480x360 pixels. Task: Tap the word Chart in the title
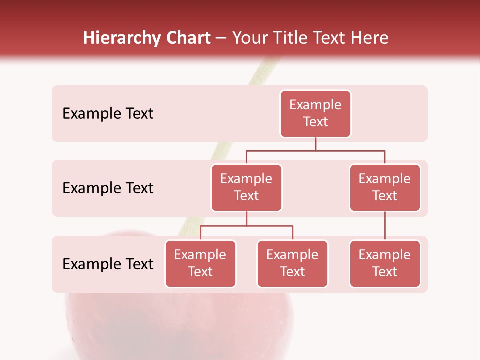click(186, 38)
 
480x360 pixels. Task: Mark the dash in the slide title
click(221, 39)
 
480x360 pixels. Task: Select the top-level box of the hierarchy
click(315, 113)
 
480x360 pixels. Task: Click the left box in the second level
click(246, 187)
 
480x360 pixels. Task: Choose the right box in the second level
click(385, 187)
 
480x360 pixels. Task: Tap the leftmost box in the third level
click(200, 263)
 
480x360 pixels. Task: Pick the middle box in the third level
click(292, 263)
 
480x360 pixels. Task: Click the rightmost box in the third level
click(385, 263)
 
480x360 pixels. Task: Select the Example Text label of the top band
click(108, 114)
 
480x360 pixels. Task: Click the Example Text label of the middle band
click(108, 188)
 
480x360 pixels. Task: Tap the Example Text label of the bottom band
click(108, 264)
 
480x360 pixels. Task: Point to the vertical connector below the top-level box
click(315, 144)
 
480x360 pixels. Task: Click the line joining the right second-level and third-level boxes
click(385, 226)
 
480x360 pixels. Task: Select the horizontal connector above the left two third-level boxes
click(246, 226)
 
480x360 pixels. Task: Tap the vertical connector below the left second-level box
click(246, 219)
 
